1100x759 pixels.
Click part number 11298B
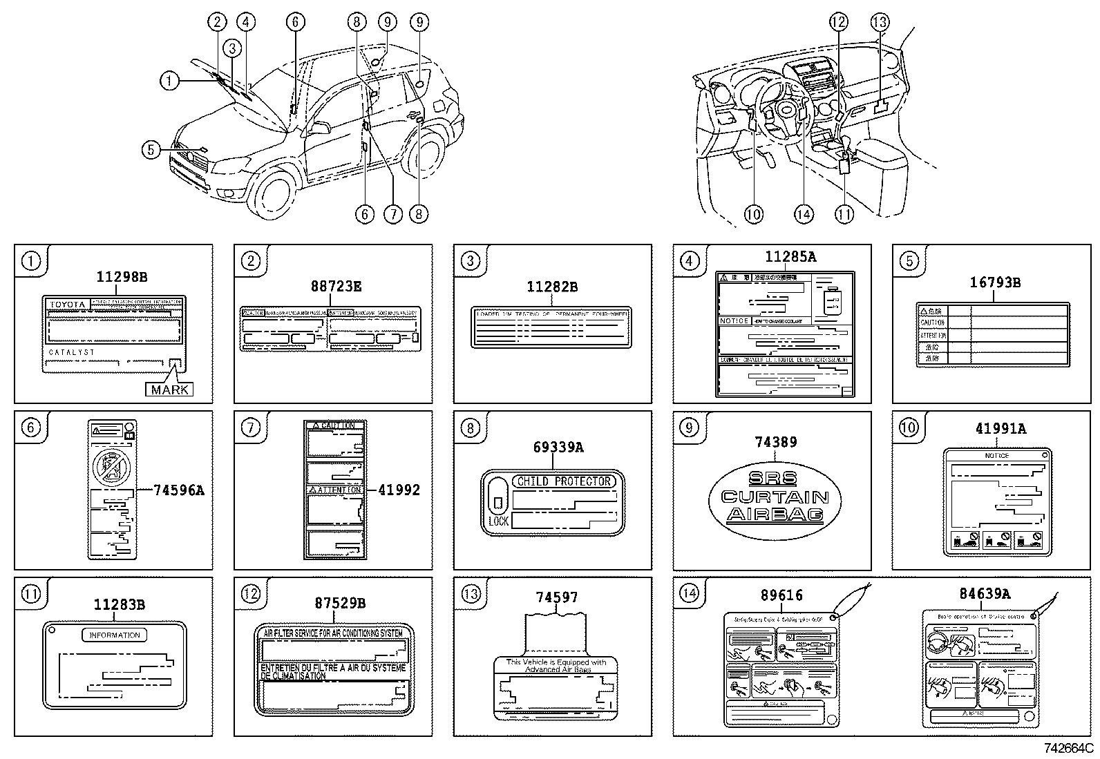(122, 277)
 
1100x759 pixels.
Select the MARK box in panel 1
(169, 390)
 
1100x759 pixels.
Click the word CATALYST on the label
(72, 352)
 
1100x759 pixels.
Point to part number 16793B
(994, 282)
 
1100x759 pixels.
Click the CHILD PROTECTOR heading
(563, 481)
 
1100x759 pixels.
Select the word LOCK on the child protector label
(498, 521)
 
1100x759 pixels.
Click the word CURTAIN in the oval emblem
(775, 497)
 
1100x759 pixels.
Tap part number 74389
(775, 442)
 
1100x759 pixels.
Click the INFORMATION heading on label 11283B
(115, 635)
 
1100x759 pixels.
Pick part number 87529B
(340, 603)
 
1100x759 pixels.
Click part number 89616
(781, 595)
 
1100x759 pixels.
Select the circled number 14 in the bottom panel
(689, 593)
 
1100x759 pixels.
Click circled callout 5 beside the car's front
(151, 148)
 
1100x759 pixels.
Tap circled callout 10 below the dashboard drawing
(753, 214)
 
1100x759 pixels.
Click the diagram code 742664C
(1068, 748)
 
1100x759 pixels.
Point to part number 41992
(399, 490)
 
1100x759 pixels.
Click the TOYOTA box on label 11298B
(67, 305)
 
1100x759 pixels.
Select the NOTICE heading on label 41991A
(996, 455)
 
